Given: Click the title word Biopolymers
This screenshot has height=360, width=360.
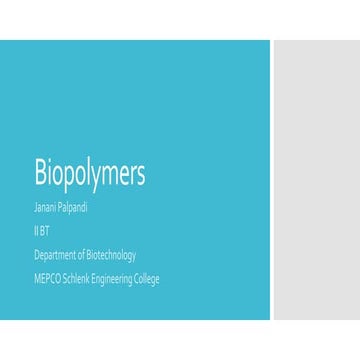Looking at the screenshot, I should pos(90,175).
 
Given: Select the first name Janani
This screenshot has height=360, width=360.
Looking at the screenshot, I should pos(46,209).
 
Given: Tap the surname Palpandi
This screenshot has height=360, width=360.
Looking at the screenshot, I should pos(73,209).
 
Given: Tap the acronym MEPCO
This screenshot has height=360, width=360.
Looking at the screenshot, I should pos(47,278).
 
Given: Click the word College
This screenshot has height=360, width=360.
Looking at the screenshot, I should pos(146,278).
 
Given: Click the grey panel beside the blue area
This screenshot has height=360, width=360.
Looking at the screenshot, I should pos(315,180).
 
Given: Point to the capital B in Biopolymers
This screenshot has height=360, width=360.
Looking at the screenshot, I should pos(40,174).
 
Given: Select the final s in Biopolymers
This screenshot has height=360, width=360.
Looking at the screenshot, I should pos(141,176).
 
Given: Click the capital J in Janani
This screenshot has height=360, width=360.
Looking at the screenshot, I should pos(35,209).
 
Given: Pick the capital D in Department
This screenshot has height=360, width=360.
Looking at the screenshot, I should pos(35,255).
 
